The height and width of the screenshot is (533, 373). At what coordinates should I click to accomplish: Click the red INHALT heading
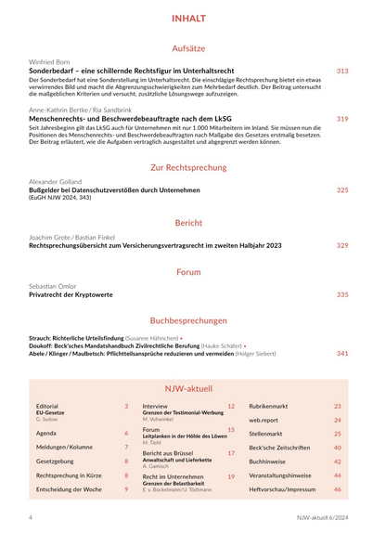point(187,19)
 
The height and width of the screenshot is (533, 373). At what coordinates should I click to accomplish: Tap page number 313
point(342,71)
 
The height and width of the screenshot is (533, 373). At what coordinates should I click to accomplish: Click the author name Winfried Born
point(49,61)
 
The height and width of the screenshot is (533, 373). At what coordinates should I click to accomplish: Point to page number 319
point(342,119)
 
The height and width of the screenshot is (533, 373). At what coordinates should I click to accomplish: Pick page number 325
point(342,190)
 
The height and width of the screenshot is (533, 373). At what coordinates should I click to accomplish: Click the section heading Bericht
point(187,223)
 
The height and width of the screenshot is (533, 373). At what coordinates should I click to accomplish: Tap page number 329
point(342,246)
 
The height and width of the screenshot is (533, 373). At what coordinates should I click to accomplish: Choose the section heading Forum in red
point(187,272)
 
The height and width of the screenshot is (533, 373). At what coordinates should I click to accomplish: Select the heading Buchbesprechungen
point(187,320)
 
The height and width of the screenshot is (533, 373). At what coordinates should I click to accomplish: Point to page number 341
point(342,353)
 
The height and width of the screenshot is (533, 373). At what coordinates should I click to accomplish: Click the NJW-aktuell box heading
point(187,388)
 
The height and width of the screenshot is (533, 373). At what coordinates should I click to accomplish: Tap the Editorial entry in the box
point(47,407)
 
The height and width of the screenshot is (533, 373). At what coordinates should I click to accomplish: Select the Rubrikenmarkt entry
point(268,407)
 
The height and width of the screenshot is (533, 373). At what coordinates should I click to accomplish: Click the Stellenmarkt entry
point(265,434)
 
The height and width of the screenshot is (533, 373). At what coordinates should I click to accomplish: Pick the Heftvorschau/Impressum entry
point(282,488)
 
